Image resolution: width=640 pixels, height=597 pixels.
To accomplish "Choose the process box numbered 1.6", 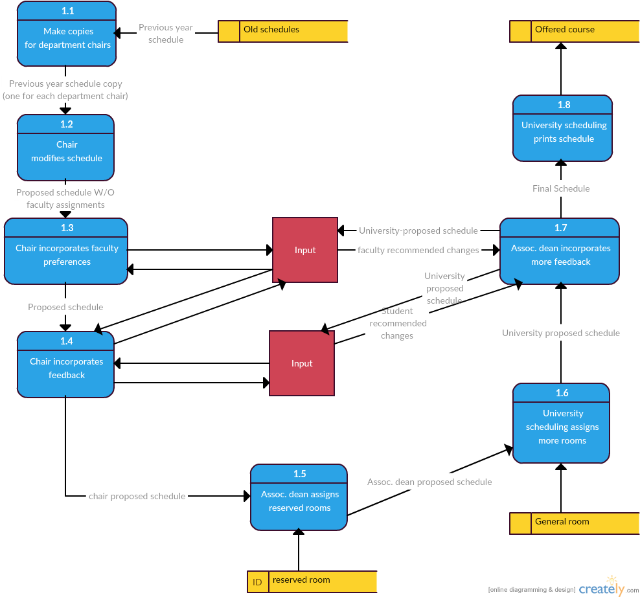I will (562, 423).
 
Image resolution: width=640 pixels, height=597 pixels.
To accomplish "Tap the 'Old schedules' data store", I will (283, 31).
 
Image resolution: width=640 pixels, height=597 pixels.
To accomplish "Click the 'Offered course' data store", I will (575, 31).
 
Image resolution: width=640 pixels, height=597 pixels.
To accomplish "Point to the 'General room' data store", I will (575, 523).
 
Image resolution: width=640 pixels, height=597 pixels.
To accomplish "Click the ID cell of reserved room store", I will (257, 582).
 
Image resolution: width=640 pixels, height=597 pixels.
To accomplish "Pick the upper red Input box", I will (305, 250).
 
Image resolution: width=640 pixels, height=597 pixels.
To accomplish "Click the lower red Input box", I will (302, 363).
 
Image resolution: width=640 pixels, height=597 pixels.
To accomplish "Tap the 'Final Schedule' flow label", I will (561, 188).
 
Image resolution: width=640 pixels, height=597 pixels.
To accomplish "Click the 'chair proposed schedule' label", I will (137, 497).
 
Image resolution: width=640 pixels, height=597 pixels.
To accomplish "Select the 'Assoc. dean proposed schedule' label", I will (429, 482).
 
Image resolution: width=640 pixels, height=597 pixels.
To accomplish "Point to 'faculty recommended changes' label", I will (418, 251).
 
